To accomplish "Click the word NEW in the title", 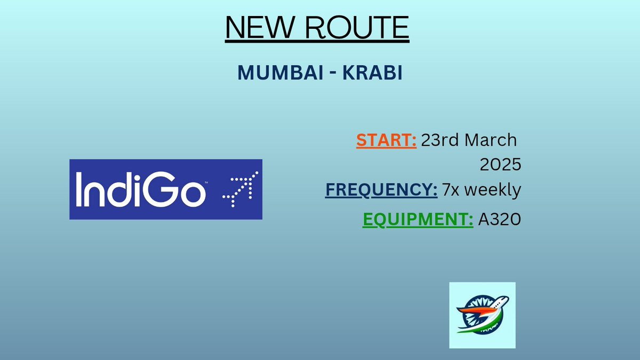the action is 260,27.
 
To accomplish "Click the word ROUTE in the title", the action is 357,27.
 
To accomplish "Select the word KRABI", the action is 373,73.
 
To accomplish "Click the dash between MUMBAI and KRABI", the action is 333,74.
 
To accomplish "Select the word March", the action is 491,140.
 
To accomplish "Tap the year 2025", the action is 501,165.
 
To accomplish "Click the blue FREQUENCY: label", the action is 381,190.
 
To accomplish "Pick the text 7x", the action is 451,190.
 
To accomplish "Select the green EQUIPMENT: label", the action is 418,219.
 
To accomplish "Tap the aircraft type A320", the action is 500,219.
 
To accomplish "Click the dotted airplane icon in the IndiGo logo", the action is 241,189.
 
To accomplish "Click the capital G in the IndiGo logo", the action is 158,189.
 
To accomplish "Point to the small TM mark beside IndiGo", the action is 206,182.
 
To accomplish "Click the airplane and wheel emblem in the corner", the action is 482,315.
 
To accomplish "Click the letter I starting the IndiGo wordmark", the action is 78,189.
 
